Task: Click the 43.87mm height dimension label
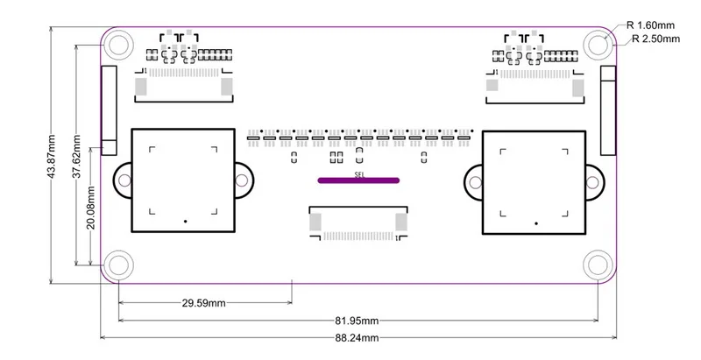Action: click(x=52, y=156)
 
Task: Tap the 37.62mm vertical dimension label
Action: click(x=77, y=156)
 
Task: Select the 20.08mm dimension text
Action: click(x=91, y=208)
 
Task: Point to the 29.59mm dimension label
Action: click(x=203, y=303)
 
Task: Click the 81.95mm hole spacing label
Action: click(x=357, y=321)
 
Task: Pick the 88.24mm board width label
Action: click(x=357, y=338)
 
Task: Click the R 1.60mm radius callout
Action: click(x=650, y=25)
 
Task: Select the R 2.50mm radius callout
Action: click(x=655, y=39)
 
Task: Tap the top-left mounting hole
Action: click(x=118, y=44)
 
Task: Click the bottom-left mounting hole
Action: click(x=118, y=265)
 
